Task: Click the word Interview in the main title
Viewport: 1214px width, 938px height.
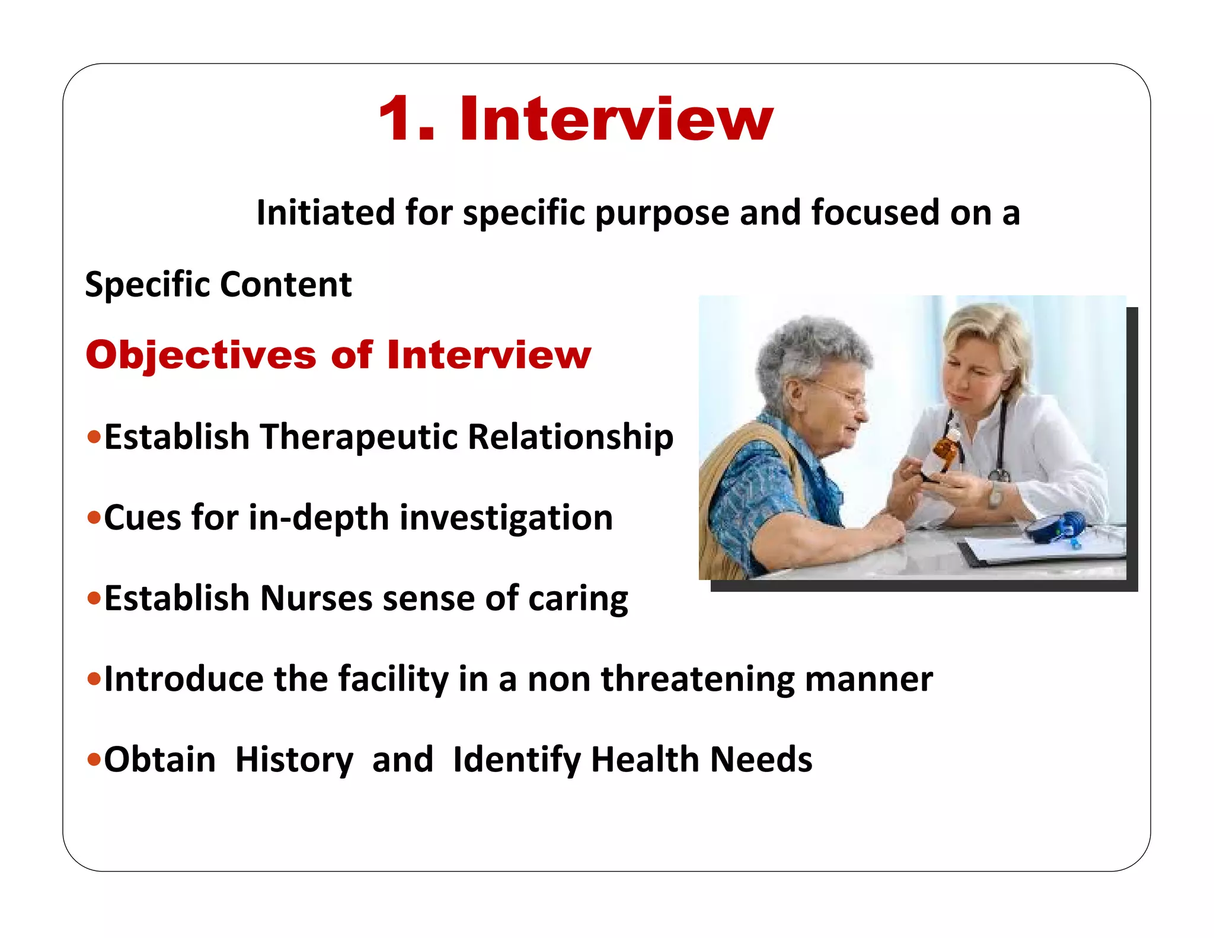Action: [x=616, y=120]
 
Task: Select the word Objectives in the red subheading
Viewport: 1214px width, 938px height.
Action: [x=200, y=356]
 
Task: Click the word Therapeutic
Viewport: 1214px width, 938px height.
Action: [x=359, y=438]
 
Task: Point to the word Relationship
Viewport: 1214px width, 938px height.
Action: [x=570, y=438]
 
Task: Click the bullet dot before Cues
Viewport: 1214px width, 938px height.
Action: [x=94, y=518]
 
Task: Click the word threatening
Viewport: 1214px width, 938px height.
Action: [x=698, y=679]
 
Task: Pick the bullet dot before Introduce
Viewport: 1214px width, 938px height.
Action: [x=94, y=678]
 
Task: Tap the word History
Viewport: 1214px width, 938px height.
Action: [x=294, y=760]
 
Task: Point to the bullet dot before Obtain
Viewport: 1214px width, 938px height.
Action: [x=94, y=759]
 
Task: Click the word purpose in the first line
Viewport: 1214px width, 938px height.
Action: [x=662, y=213]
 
